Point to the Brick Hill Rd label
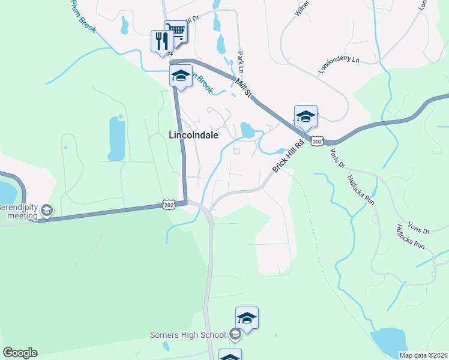click(289, 157)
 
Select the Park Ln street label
click(241, 61)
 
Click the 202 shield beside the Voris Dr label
click(318, 140)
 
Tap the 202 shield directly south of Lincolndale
click(169, 205)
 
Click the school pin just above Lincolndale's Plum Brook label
click(181, 77)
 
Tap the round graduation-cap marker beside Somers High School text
click(235, 334)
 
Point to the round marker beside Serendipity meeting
click(47, 210)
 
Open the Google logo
click(19, 353)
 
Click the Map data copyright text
click(423, 355)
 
